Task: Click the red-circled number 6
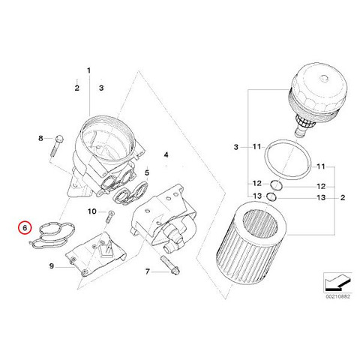click(25, 228)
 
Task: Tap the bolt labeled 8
click(57, 145)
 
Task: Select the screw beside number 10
click(109, 217)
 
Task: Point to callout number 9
click(52, 266)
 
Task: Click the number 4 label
click(166, 155)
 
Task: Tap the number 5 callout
click(147, 172)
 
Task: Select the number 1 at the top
click(88, 70)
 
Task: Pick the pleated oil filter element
click(251, 243)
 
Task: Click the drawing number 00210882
click(337, 296)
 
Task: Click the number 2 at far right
click(343, 197)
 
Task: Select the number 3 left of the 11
click(236, 147)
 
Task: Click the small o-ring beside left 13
click(271, 196)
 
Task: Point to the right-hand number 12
click(321, 186)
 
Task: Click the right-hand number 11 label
click(321, 166)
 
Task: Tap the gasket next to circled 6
click(53, 235)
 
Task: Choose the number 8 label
click(40, 138)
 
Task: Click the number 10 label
click(91, 211)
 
